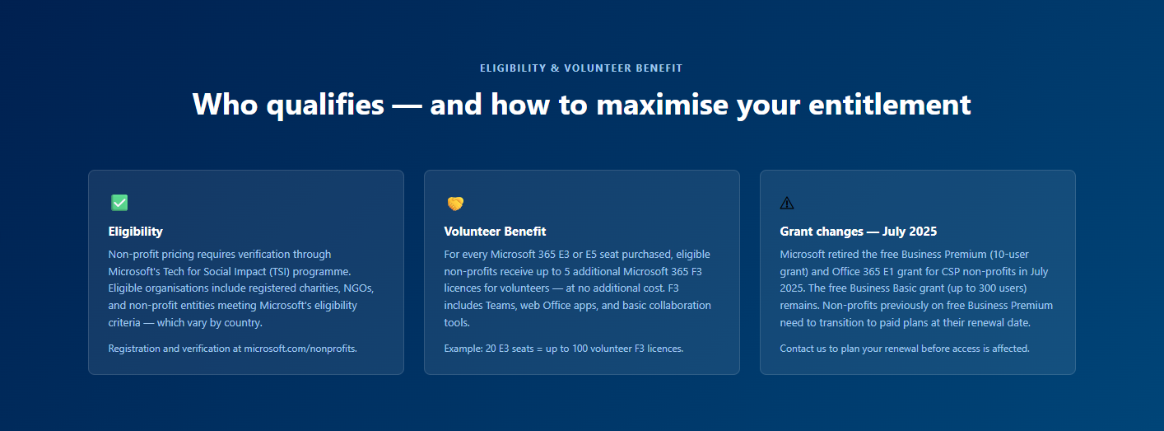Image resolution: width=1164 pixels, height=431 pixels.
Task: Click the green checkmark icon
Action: click(119, 203)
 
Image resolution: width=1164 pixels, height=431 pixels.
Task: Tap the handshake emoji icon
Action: click(455, 204)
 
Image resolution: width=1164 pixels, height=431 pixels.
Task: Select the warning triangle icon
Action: click(787, 204)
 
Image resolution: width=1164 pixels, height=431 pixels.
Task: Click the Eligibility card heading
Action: click(136, 232)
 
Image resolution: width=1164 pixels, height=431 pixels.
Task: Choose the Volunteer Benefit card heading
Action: click(495, 232)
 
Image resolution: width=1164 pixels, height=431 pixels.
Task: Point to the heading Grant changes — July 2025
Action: click(859, 232)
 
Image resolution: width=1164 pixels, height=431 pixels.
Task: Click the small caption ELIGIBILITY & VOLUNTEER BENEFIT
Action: click(581, 68)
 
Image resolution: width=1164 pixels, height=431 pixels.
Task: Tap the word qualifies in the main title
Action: click(325, 105)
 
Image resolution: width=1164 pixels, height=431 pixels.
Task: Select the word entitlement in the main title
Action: click(890, 105)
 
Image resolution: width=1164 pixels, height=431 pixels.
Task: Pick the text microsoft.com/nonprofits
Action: click(300, 349)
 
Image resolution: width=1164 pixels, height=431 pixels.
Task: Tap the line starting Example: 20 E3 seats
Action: click(564, 349)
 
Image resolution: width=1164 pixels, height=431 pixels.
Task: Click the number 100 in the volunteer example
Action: click(580, 349)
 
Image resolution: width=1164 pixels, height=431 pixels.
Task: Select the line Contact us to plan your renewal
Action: click(904, 349)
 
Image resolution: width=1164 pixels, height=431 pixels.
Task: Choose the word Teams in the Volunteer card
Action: click(501, 305)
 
